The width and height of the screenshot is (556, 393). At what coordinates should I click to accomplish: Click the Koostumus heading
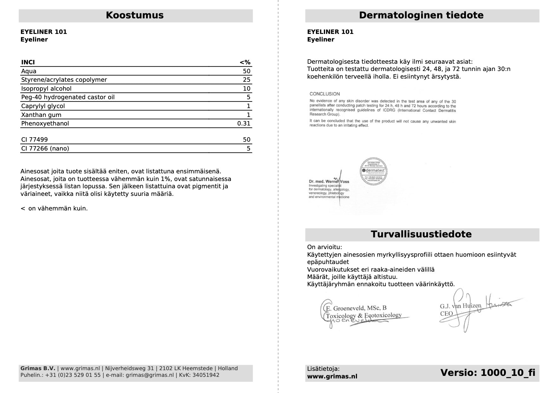(134, 15)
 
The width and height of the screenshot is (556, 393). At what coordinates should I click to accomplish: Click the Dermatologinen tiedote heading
(421, 15)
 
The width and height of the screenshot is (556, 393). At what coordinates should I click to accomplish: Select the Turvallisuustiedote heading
(421, 234)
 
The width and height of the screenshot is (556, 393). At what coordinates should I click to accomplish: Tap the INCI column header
(28, 62)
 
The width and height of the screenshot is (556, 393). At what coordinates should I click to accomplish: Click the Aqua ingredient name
(29, 71)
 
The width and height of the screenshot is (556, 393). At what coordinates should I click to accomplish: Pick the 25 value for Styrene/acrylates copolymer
(246, 80)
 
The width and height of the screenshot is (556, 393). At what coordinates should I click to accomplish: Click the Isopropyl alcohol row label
(46, 88)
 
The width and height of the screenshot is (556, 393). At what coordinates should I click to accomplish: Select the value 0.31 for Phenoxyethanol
(244, 123)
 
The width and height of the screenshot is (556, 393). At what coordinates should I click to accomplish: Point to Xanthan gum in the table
(41, 115)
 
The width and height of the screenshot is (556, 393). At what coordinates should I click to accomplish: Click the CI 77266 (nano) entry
(45, 148)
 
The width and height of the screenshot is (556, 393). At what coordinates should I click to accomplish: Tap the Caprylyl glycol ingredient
(43, 106)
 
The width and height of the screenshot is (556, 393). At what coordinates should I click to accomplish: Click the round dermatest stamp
(374, 171)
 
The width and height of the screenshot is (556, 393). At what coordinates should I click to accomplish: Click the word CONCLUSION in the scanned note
(324, 94)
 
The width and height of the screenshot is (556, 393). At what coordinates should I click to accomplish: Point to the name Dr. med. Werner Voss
(329, 182)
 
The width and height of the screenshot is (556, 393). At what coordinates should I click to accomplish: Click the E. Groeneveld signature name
(356, 308)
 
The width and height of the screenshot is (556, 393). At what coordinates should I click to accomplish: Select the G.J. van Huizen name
(460, 306)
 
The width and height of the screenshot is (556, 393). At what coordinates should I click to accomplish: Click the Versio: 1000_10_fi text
(487, 373)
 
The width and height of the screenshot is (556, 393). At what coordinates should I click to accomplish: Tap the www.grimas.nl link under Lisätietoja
(332, 377)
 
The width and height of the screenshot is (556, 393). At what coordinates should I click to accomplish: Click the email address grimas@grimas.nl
(150, 375)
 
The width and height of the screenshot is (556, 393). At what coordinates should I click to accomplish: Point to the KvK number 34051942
(206, 375)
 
